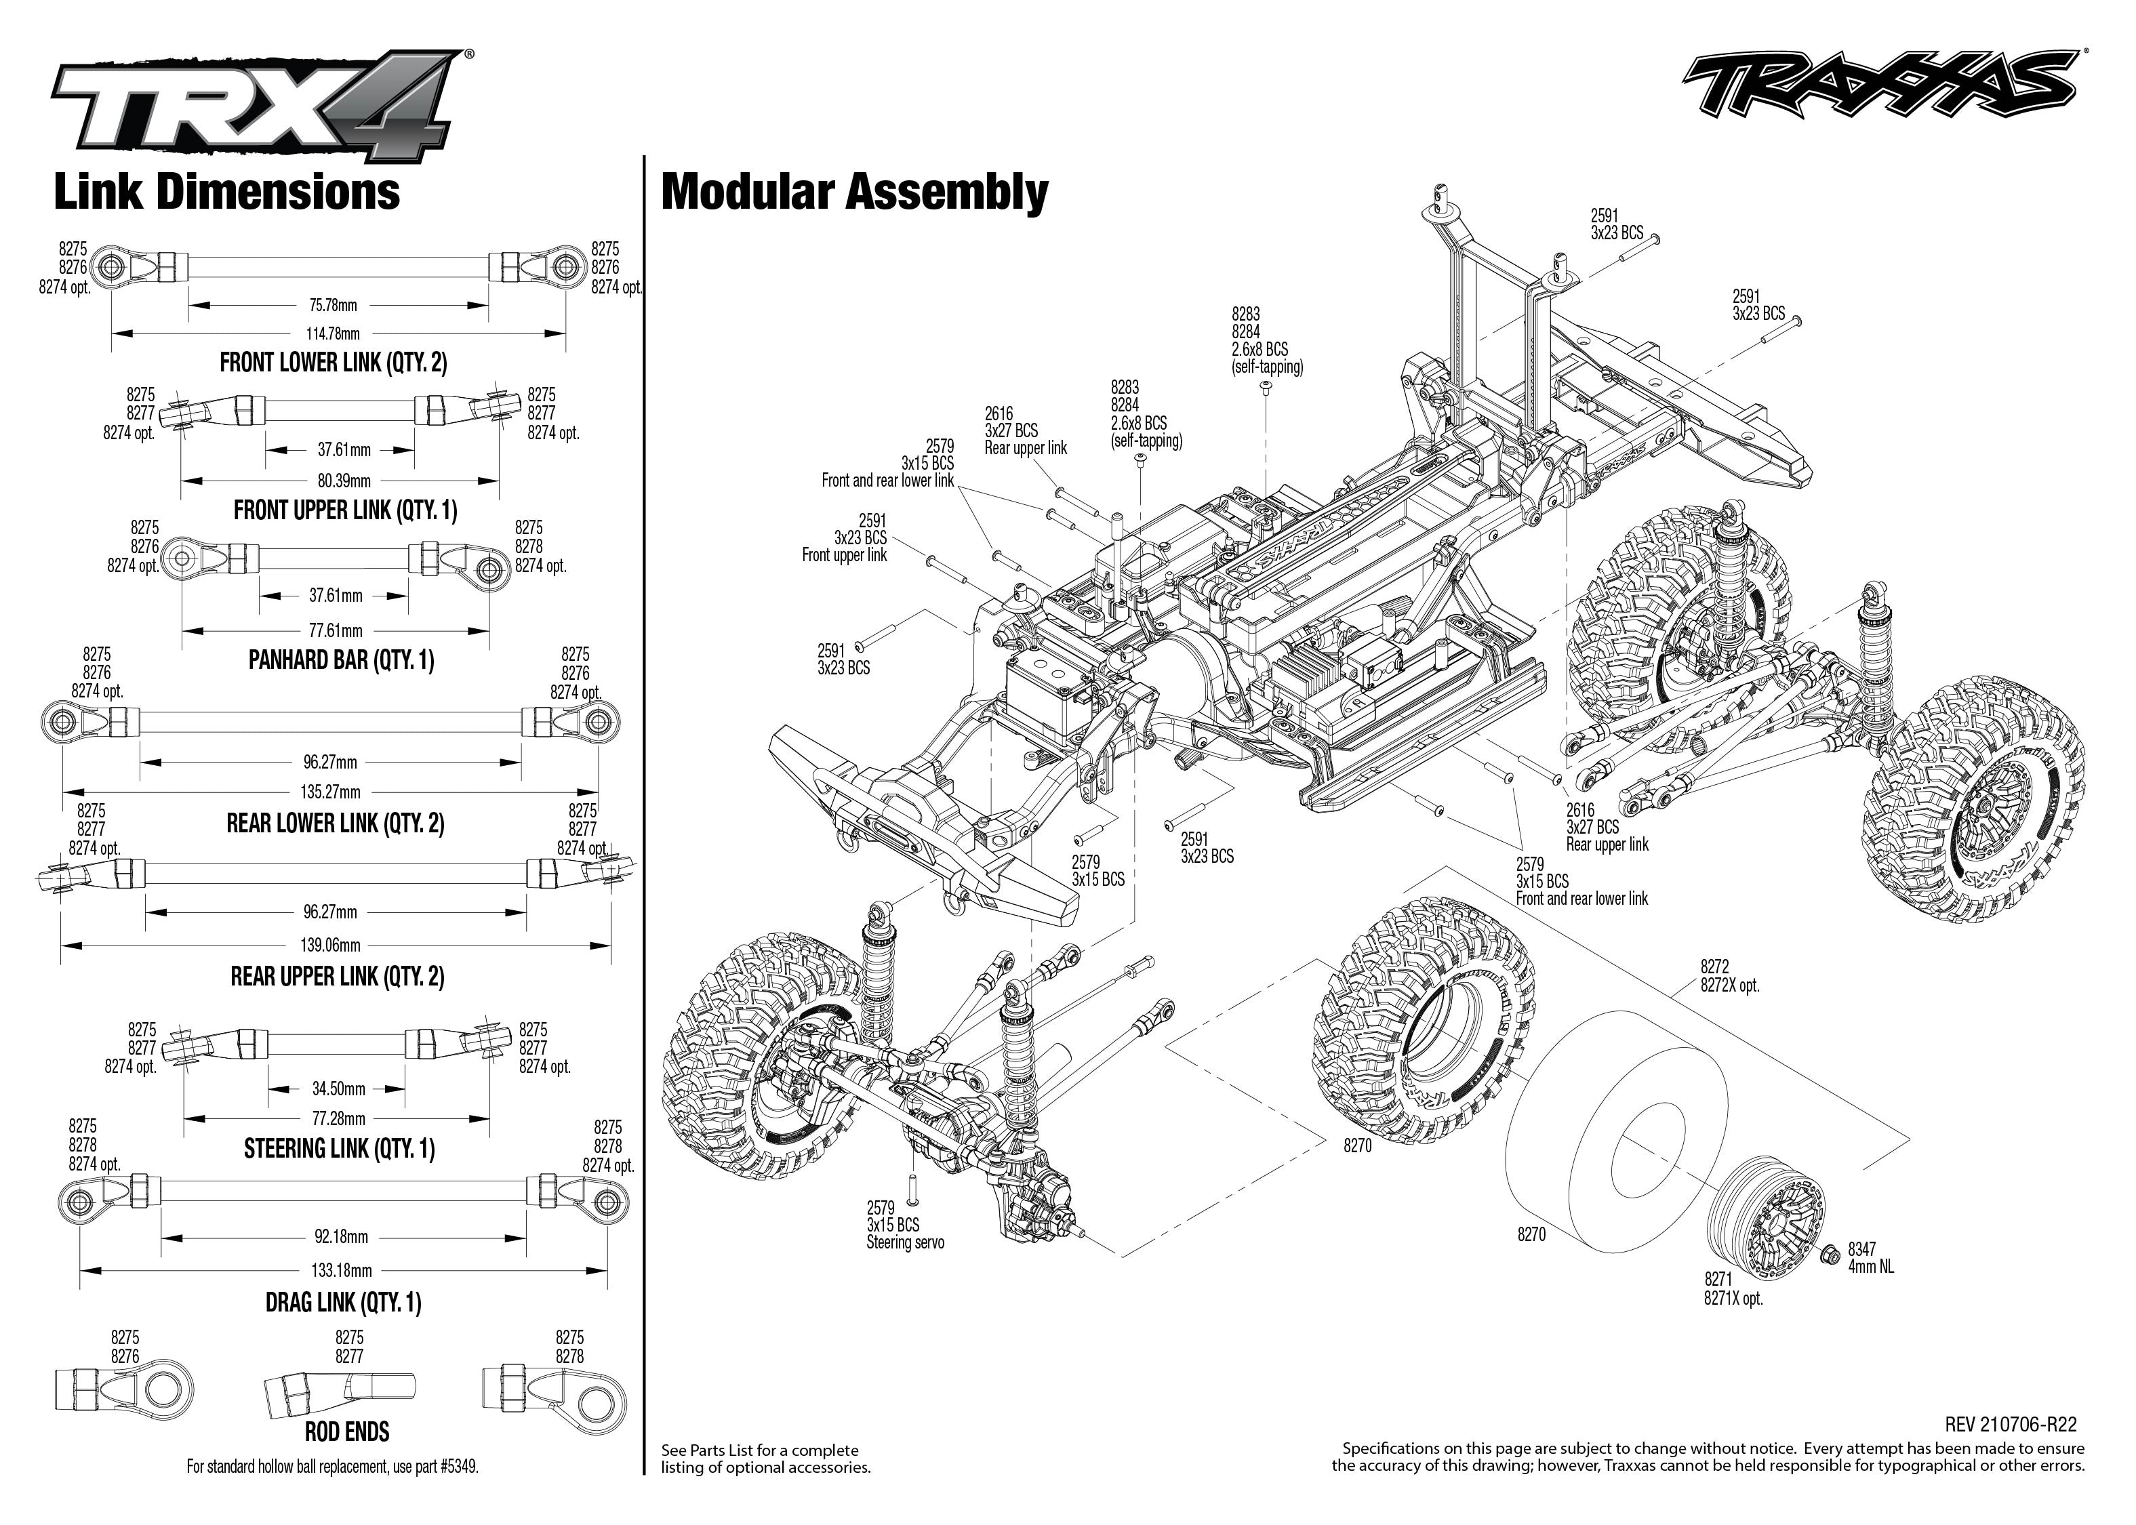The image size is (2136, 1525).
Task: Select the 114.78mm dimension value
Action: point(334,333)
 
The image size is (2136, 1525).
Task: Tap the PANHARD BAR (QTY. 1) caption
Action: point(341,660)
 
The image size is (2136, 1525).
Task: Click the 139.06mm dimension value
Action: point(331,945)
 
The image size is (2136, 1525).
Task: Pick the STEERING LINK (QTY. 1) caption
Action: point(339,1148)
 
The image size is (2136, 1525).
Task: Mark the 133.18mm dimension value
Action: point(342,1271)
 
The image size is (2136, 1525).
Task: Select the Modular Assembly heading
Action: point(854,192)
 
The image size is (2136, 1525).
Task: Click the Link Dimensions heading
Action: point(226,192)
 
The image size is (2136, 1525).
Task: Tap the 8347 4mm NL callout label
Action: point(1870,1257)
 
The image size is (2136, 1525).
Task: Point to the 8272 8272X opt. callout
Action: point(1729,976)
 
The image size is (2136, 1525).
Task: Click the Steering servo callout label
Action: point(905,1242)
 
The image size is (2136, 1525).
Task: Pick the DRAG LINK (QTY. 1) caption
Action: point(343,1303)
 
